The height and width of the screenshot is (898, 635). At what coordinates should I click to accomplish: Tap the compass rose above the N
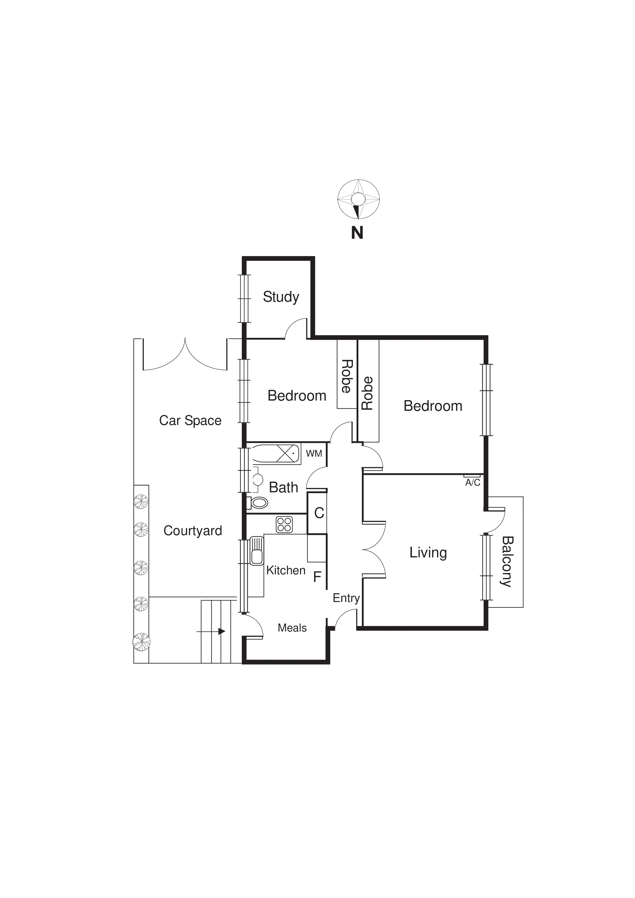click(x=358, y=199)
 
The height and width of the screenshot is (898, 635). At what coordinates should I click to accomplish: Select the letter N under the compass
click(x=357, y=233)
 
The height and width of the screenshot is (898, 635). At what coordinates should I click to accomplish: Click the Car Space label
click(x=190, y=421)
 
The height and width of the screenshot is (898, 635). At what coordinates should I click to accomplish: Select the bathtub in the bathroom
click(x=275, y=454)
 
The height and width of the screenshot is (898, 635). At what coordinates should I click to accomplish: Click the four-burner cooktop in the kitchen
click(x=284, y=525)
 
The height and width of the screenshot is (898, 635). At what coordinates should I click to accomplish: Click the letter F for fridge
click(x=317, y=577)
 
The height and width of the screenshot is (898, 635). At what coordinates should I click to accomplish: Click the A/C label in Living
click(x=472, y=483)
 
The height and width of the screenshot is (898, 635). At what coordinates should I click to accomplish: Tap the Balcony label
click(x=507, y=562)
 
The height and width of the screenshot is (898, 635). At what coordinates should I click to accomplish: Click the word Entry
click(x=346, y=598)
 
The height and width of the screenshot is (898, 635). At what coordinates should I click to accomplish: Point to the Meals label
click(x=292, y=628)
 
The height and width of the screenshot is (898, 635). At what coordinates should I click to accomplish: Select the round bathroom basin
click(x=258, y=479)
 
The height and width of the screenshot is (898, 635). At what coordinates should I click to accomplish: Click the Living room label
click(x=428, y=553)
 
